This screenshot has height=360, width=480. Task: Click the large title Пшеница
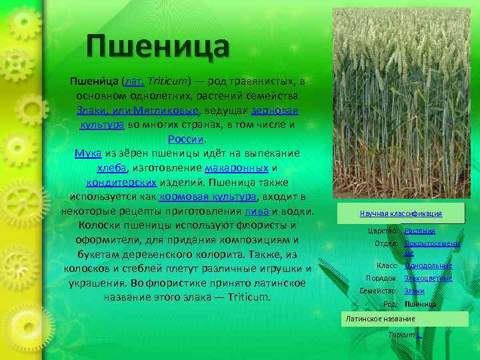(x=158, y=47)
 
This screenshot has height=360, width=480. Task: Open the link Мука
(x=88, y=153)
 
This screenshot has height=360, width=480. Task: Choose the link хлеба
(x=111, y=168)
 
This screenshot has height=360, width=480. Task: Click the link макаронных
(x=237, y=168)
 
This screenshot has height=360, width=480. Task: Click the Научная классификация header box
(x=401, y=213)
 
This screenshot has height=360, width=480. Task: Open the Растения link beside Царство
(x=420, y=231)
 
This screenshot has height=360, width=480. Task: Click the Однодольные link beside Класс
(x=428, y=265)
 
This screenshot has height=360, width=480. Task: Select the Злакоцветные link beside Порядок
(x=428, y=278)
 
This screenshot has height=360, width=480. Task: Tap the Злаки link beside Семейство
(x=415, y=291)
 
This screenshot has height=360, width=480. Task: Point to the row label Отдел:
(x=387, y=243)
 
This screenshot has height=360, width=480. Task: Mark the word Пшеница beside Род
(x=420, y=304)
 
